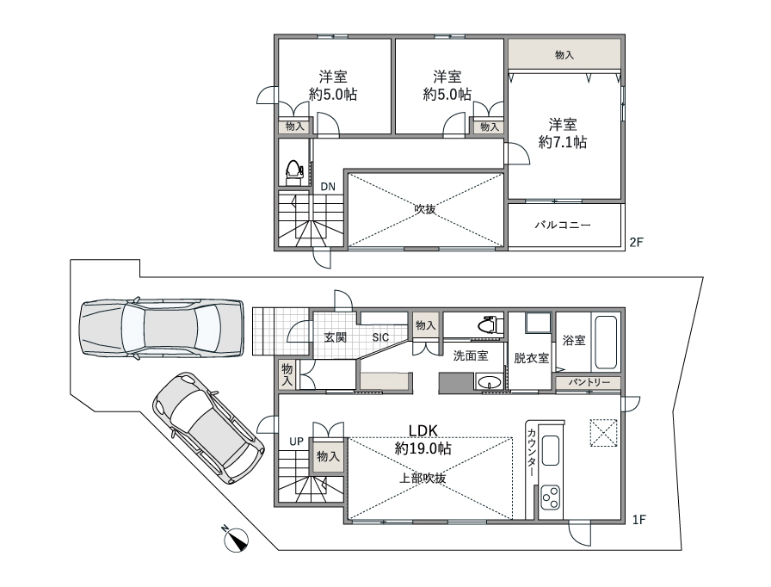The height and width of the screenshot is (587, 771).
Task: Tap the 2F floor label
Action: [636, 242]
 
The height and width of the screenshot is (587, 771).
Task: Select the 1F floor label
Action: [638, 520]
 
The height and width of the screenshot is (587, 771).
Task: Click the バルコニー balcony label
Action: [563, 226]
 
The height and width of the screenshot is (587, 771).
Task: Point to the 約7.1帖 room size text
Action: [563, 142]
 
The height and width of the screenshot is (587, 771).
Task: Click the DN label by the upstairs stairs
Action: [328, 187]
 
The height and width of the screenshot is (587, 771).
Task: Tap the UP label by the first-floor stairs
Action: [297, 442]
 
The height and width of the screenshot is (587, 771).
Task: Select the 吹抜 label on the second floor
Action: [425, 209]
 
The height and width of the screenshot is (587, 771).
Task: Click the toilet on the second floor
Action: [294, 172]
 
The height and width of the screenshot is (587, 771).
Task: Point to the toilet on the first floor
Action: [491, 324]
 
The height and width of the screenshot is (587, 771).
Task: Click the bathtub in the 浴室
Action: [606, 343]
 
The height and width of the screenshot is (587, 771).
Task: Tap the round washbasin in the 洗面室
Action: [490, 382]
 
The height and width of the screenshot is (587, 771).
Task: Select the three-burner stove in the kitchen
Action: [550, 498]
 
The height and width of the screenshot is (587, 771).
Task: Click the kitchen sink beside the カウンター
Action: [550, 450]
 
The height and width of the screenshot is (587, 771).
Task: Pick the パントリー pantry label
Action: [589, 382]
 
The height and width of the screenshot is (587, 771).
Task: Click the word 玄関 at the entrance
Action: [336, 337]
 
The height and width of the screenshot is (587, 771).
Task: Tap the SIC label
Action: [380, 337]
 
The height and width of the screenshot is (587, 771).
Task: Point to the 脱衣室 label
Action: [532, 358]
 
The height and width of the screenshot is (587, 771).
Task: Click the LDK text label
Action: [423, 430]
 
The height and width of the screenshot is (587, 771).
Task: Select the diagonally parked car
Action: [209, 427]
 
